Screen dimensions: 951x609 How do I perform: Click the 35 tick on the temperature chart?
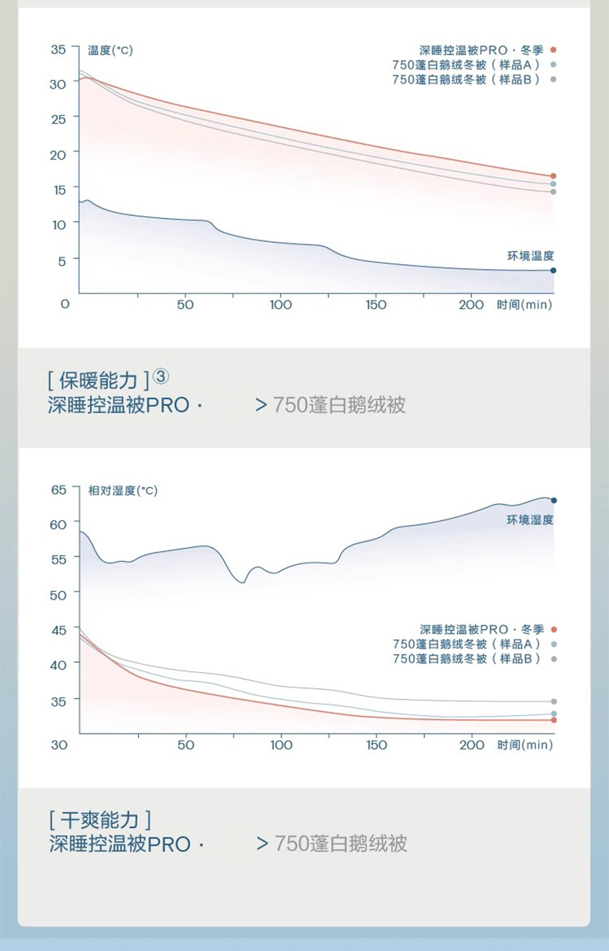click(x=58, y=49)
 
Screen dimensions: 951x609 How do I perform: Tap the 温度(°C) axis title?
click(x=110, y=50)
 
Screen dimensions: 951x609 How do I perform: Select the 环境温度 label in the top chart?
click(x=530, y=256)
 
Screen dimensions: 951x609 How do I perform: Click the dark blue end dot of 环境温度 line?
click(x=553, y=271)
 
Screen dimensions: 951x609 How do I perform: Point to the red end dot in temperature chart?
click(x=553, y=176)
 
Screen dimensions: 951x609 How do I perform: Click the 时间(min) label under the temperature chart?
click(x=525, y=304)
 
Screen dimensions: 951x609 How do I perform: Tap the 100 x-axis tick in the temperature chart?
click(x=281, y=304)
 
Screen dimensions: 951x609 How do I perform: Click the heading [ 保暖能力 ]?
click(x=97, y=380)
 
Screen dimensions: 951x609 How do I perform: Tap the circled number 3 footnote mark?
click(x=160, y=378)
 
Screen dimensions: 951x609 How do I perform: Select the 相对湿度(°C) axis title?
click(x=123, y=490)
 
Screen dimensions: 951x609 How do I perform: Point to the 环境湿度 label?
click(x=530, y=520)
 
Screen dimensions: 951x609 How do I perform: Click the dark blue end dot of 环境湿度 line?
click(x=553, y=500)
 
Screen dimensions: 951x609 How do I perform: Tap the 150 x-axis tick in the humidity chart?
click(x=376, y=744)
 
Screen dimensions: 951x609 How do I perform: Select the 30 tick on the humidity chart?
click(x=59, y=744)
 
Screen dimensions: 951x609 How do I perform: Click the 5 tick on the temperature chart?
click(x=62, y=261)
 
